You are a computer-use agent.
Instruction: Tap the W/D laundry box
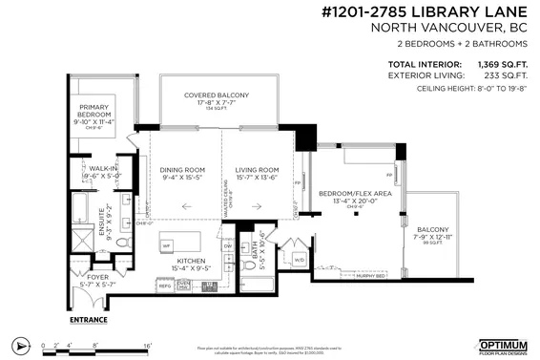(299, 259)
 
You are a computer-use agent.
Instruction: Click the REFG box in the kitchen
(164, 285)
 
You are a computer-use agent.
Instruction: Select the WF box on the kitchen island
(166, 245)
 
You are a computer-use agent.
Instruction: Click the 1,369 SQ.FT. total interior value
(503, 64)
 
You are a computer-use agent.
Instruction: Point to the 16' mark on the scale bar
(148, 343)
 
